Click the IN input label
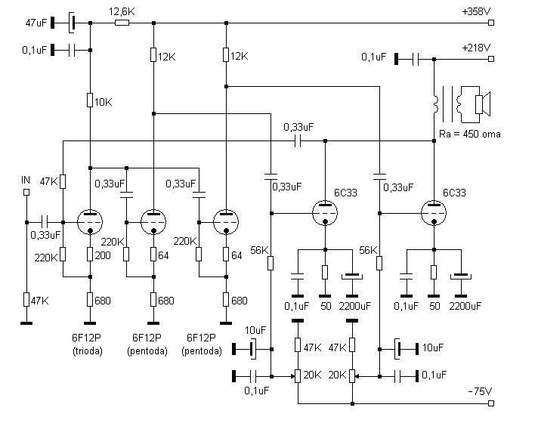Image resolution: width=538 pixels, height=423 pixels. tap(26, 180)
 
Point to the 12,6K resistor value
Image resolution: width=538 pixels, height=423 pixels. tap(122, 12)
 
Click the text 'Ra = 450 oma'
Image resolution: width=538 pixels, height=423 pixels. tap(469, 134)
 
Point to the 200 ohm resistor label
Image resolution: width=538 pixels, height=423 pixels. tap(104, 256)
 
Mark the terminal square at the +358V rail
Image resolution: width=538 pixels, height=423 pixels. tap(491, 23)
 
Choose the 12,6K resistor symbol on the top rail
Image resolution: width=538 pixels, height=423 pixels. tap(122, 23)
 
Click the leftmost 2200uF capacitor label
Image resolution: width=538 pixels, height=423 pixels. tap(354, 305)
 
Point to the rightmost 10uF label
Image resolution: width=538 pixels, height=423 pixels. tap(434, 348)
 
